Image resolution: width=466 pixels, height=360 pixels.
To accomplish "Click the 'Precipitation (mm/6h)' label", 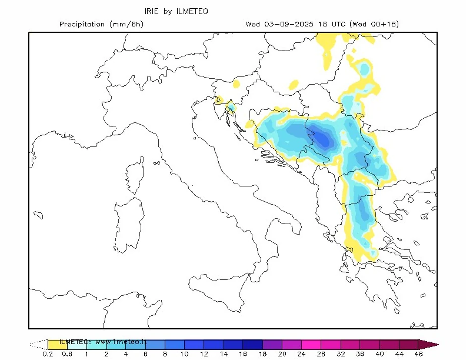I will click(101, 24).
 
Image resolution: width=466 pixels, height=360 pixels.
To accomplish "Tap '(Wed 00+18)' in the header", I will click(374, 24).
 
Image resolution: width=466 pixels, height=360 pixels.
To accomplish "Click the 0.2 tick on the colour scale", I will click(48, 354).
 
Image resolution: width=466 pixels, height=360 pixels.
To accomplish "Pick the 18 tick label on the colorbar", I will click(262, 354).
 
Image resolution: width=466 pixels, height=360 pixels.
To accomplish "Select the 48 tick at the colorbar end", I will click(418, 354).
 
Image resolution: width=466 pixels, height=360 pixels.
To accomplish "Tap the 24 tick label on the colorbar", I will click(301, 354).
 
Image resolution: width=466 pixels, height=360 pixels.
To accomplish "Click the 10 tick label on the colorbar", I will click(184, 354).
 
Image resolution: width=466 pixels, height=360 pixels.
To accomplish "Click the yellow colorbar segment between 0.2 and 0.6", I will click(58, 344).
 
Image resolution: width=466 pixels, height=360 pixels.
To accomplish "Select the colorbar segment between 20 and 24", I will click(291, 344).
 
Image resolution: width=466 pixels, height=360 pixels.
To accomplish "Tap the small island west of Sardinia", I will click(38, 215).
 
